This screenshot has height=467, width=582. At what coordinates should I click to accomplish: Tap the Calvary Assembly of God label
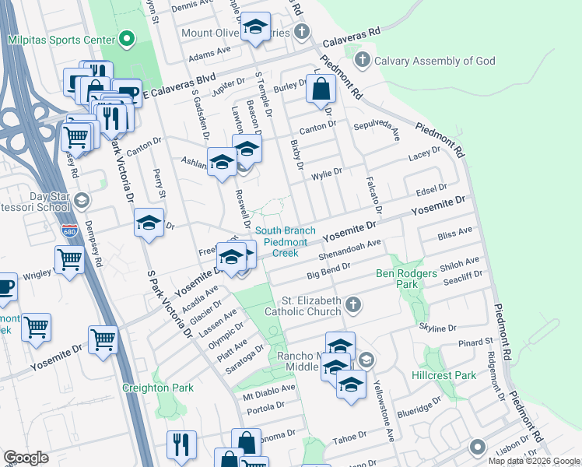coord(425,60)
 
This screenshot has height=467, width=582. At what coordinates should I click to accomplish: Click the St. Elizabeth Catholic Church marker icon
coord(354,305)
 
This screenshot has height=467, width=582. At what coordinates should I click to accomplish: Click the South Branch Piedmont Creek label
coord(286,241)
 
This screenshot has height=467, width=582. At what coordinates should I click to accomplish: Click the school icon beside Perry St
coord(149,223)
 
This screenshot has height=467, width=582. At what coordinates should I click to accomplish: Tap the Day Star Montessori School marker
coord(80,202)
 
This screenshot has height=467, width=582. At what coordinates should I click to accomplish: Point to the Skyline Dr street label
coord(437,328)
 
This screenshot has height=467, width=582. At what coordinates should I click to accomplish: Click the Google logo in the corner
coord(26,458)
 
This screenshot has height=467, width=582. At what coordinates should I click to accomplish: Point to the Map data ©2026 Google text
coord(533,461)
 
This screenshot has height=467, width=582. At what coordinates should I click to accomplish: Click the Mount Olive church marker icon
coord(303,32)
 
